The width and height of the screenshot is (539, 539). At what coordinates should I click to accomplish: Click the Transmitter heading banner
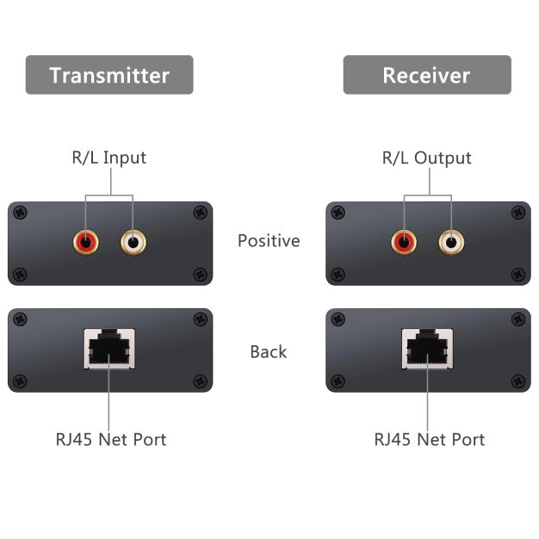[x=109, y=75]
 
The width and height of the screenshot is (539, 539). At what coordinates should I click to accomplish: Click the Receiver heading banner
[x=427, y=75]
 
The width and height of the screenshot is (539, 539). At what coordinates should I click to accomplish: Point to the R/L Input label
[x=108, y=158]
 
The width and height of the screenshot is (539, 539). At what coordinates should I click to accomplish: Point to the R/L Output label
[x=427, y=158]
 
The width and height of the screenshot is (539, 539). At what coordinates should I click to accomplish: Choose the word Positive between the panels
[x=269, y=241]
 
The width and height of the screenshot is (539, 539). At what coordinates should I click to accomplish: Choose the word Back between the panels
[x=269, y=351]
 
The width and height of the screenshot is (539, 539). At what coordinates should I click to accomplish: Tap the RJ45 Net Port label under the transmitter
[x=110, y=439]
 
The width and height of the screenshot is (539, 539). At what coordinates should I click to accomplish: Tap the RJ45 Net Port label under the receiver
[x=429, y=439]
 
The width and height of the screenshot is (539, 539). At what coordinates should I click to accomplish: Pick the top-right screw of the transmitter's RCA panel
[x=201, y=213]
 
